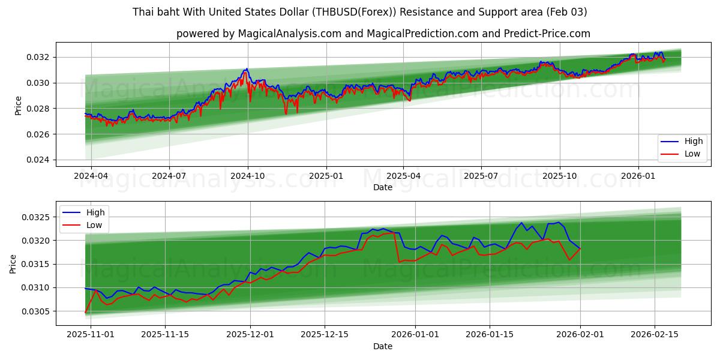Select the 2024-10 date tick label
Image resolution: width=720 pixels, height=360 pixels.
pos(248,176)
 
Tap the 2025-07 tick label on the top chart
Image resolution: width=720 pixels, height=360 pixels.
pos(481,176)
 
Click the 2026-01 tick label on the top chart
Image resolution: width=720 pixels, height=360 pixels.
pos(638,176)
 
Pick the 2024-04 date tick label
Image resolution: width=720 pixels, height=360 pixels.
pos(91,176)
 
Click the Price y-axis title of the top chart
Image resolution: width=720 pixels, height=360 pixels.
pos(18,105)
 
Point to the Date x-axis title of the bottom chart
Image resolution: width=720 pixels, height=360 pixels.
pos(382,346)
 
